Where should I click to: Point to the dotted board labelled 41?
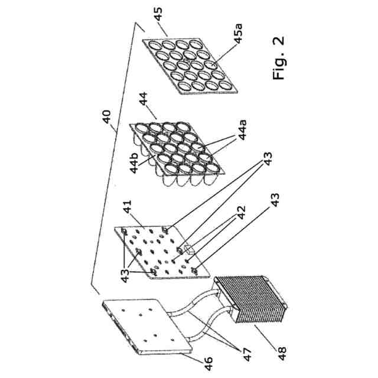[159, 251]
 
